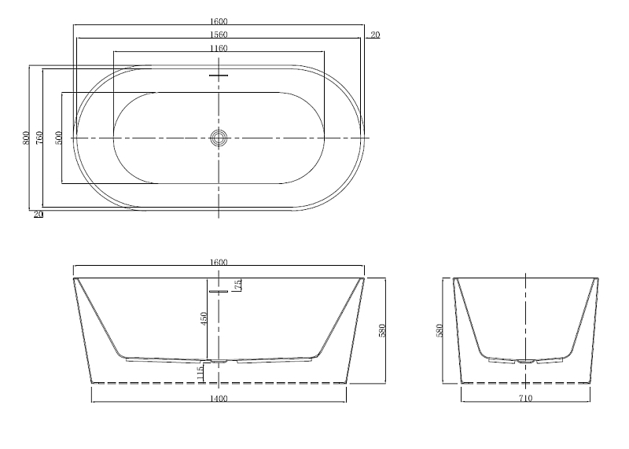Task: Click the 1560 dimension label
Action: pyautogui.click(x=219, y=35)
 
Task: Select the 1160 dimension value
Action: pyautogui.click(x=219, y=49)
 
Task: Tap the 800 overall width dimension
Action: pyautogui.click(x=26, y=138)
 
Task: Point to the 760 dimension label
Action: pyautogui.click(x=39, y=138)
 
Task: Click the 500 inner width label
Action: pyautogui.click(x=58, y=138)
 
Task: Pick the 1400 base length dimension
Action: pyautogui.click(x=219, y=399)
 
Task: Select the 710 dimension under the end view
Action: pyautogui.click(x=525, y=399)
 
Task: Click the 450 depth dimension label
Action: pyautogui.click(x=204, y=318)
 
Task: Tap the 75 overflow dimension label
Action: pyautogui.click(x=238, y=285)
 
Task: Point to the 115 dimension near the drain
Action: pyautogui.click(x=200, y=374)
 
